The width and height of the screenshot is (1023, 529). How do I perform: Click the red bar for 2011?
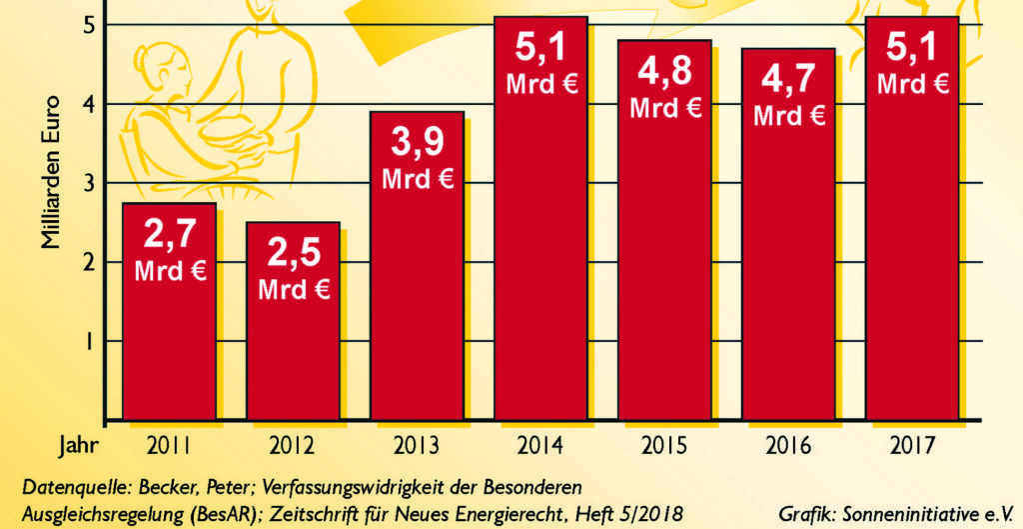[x=169, y=330]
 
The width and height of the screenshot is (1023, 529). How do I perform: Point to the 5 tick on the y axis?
[x=88, y=24]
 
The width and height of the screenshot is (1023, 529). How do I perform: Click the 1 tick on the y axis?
[x=88, y=341]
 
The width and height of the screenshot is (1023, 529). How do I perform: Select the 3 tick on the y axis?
[x=88, y=183]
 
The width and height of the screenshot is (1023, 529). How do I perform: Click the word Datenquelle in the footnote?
[x=65, y=487]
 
